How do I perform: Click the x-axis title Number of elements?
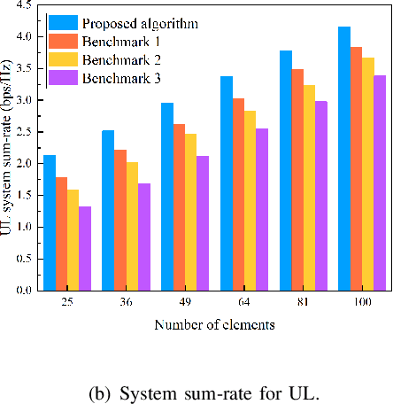213,325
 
